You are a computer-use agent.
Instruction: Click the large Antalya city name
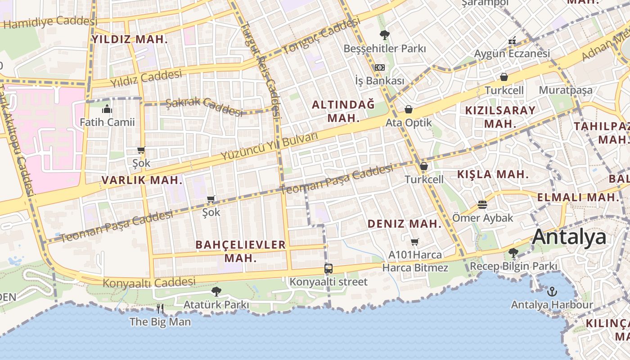(569, 237)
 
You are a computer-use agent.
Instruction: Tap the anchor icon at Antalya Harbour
(552, 292)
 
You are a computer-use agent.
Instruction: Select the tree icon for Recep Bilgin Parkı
(513, 253)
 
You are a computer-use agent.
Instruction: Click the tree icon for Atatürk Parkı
(216, 291)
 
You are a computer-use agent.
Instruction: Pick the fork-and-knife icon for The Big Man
(160, 309)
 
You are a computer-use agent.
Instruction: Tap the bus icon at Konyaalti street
(328, 269)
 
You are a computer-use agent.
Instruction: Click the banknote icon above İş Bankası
(380, 67)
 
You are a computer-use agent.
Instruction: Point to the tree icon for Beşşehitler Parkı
(384, 35)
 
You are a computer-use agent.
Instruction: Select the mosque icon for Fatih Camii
(107, 109)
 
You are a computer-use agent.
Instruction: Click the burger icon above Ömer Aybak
(482, 205)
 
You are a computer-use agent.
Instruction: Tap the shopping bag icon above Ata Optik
(409, 109)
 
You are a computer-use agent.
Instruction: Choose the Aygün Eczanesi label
(512, 54)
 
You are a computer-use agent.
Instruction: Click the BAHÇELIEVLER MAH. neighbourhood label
(241, 251)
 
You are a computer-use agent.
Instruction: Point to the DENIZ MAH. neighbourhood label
(405, 224)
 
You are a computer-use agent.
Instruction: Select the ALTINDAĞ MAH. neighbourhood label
(343, 111)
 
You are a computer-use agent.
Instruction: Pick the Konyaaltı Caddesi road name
(149, 283)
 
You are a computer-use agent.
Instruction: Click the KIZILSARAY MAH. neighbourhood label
(500, 117)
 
